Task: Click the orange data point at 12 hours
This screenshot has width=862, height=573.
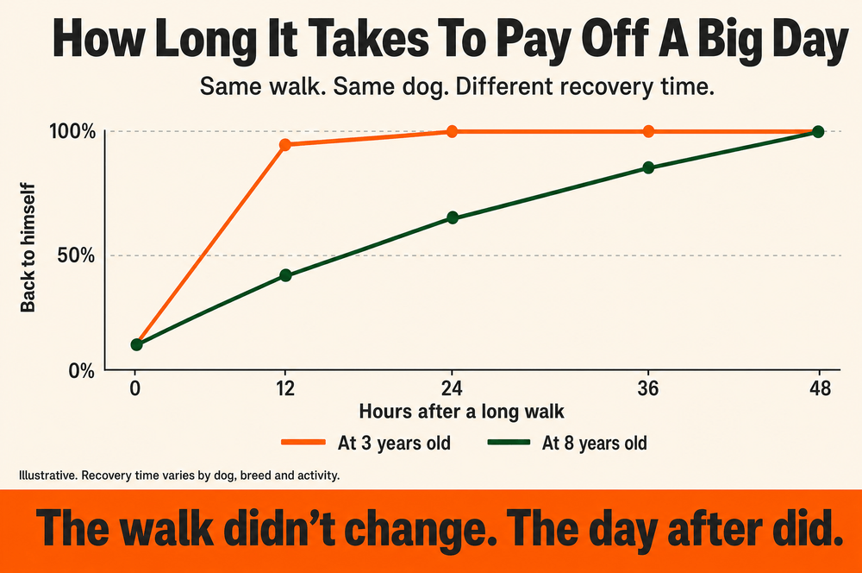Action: (284, 145)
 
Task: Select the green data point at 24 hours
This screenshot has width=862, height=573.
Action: (453, 217)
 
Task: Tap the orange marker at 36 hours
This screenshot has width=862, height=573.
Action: (649, 131)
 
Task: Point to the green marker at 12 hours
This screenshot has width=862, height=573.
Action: (285, 275)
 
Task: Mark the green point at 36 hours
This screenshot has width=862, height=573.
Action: (649, 167)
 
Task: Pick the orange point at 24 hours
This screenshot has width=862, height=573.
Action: (452, 131)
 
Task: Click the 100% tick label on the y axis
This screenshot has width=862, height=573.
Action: (72, 131)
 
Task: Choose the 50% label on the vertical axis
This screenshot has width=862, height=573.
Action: (76, 255)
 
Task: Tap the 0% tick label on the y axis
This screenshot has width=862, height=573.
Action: (81, 371)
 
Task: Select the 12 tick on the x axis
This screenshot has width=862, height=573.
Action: (284, 388)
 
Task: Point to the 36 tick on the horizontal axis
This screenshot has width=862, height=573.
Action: (648, 388)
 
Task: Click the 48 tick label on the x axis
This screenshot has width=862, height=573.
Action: (821, 388)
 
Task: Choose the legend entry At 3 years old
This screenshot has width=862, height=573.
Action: (366, 443)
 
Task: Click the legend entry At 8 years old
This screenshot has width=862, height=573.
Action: (568, 443)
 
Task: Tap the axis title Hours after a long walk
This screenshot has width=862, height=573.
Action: (462, 412)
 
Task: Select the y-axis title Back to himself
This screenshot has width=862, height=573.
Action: (28, 248)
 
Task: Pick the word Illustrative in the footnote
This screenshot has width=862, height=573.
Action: (47, 475)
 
